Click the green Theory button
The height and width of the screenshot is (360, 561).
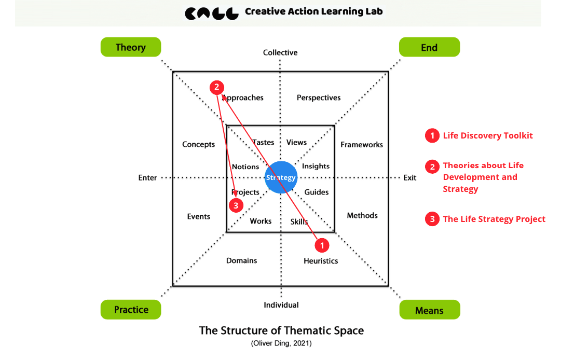tap(130, 47)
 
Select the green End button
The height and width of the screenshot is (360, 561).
tap(429, 47)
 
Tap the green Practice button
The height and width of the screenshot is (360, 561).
tap(131, 310)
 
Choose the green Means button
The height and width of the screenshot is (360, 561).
tap(429, 310)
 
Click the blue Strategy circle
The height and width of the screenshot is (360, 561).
tap(281, 177)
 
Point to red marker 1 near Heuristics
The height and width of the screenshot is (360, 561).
tap(322, 244)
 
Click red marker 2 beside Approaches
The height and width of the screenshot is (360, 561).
tap(217, 88)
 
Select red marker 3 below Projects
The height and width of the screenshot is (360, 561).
tap(236, 205)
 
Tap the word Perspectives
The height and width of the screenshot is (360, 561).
tap(319, 98)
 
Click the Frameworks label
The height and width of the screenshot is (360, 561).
tap(362, 145)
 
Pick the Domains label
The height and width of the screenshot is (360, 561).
tap(241, 260)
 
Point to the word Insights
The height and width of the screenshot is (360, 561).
tap(316, 166)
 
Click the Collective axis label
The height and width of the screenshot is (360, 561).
tap(280, 52)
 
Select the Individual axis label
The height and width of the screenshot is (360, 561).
tap(281, 305)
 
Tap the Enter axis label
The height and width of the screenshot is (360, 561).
tap(147, 177)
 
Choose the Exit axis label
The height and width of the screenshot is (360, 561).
tap(410, 177)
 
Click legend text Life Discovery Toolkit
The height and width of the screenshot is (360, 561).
tap(487, 136)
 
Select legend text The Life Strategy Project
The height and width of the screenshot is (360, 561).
tap(494, 219)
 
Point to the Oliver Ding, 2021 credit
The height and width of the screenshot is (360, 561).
tap(281, 343)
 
